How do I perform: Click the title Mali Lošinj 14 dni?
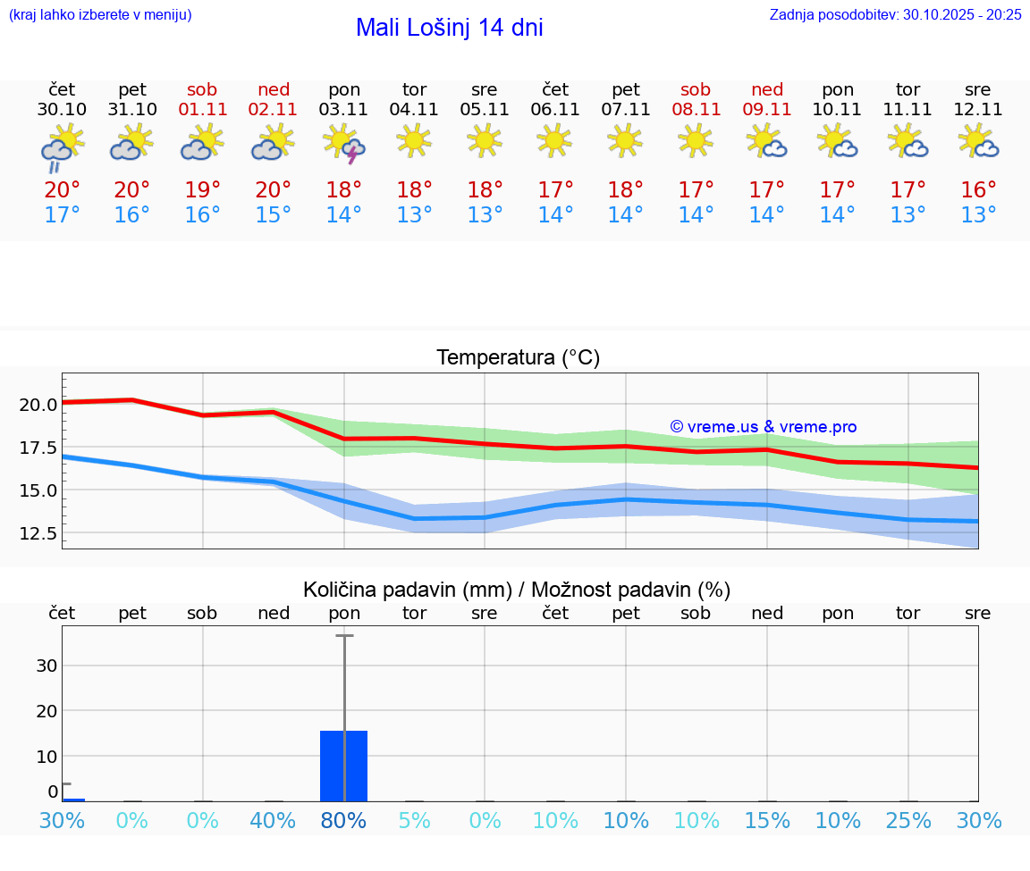(449, 28)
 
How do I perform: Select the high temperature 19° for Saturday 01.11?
(203, 189)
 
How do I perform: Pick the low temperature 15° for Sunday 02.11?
(274, 215)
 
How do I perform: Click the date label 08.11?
(696, 109)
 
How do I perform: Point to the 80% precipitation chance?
(344, 821)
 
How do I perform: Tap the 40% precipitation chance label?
(274, 821)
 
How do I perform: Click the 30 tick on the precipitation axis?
(46, 666)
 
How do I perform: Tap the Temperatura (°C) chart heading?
(518, 358)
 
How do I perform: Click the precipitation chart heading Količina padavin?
(517, 590)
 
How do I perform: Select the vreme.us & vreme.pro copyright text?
(763, 427)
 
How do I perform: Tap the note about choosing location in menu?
(100, 14)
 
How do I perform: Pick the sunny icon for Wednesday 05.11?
(485, 140)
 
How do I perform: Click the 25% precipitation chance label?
(908, 821)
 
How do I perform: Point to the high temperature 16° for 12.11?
(979, 189)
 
